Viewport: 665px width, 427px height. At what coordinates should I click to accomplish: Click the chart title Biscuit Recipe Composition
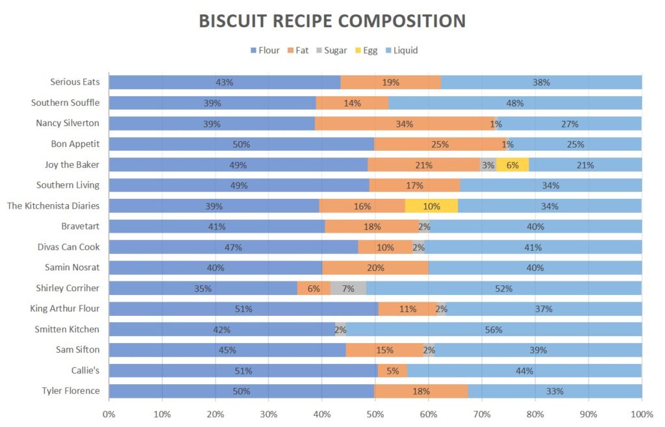(x=332, y=21)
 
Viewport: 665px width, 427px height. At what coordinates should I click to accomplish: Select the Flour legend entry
(x=264, y=50)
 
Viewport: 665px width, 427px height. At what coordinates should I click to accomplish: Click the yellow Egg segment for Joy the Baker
(x=512, y=165)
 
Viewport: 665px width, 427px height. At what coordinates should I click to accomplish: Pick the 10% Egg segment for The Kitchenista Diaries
(x=431, y=206)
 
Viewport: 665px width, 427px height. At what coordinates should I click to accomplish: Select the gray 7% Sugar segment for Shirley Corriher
(x=348, y=289)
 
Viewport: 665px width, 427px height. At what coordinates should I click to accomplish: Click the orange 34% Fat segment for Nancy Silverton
(x=405, y=123)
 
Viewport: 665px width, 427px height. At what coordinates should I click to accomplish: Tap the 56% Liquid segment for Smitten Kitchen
(x=494, y=330)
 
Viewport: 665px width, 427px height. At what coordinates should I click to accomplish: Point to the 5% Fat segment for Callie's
(x=392, y=371)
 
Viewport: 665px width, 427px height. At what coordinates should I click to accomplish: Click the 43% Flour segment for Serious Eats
(x=224, y=83)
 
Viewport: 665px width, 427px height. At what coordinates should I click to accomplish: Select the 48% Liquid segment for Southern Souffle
(x=515, y=103)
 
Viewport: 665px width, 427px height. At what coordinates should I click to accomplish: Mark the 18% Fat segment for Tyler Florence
(x=421, y=391)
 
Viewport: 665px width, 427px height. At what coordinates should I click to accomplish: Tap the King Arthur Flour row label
(x=65, y=309)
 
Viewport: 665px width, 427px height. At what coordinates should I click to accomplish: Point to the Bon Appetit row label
(x=75, y=144)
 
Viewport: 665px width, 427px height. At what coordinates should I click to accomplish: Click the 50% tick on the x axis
(x=375, y=414)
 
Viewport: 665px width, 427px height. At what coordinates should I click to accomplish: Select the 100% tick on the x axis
(x=641, y=414)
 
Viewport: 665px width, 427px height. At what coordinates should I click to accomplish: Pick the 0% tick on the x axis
(x=108, y=414)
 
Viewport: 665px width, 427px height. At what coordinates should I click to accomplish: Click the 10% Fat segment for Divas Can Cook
(x=385, y=247)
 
